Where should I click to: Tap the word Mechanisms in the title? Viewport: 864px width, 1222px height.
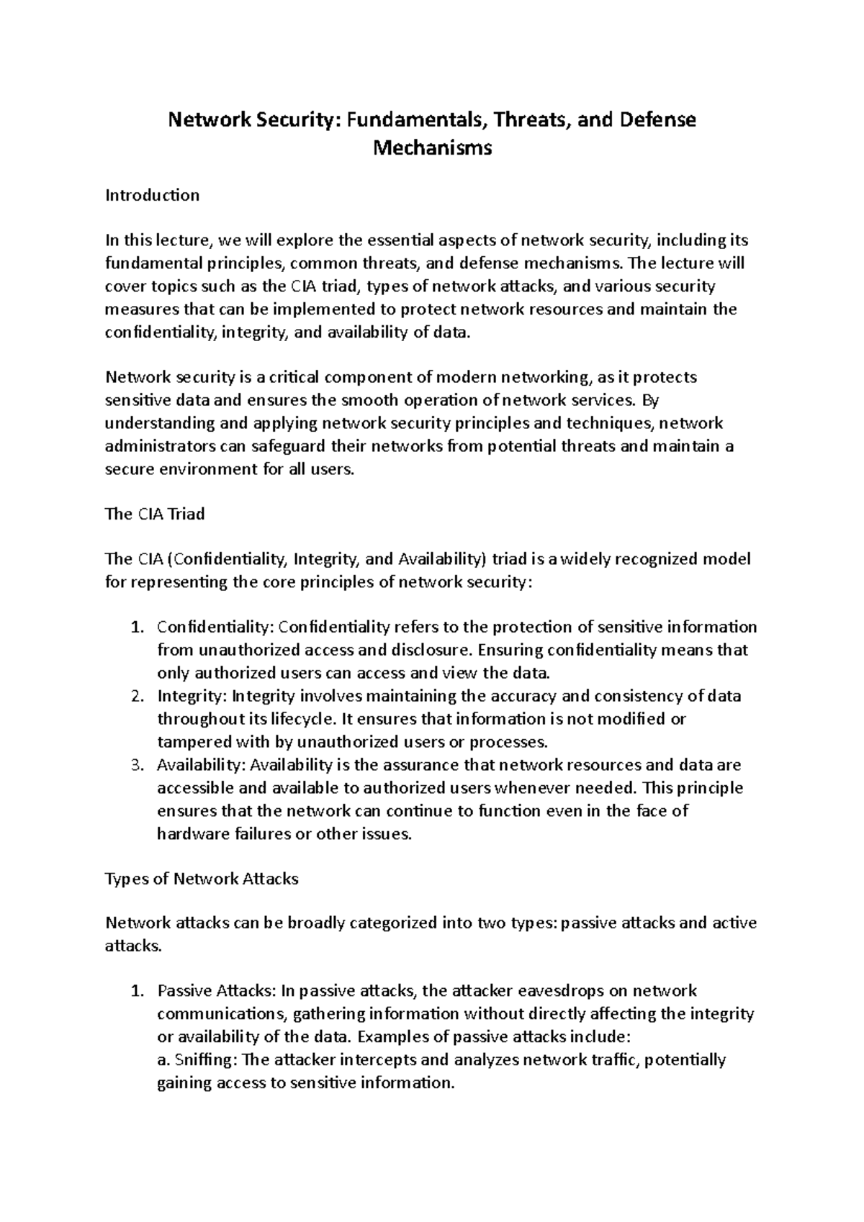[x=433, y=148]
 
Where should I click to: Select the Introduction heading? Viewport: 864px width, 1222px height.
[x=152, y=195]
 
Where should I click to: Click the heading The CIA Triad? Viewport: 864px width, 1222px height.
[x=155, y=514]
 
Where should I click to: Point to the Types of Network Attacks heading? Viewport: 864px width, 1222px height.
[x=202, y=879]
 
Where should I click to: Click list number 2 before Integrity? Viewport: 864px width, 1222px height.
[x=138, y=696]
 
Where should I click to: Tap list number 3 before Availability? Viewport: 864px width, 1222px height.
[x=138, y=765]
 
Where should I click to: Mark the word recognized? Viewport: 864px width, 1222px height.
[x=652, y=559]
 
